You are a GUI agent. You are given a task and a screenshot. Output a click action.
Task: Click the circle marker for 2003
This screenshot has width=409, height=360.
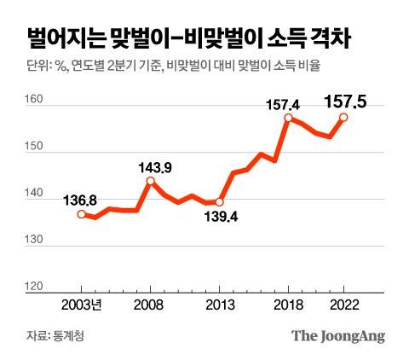[x=81, y=214]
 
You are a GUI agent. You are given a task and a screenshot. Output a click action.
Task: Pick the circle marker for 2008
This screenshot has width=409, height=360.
[x=151, y=181]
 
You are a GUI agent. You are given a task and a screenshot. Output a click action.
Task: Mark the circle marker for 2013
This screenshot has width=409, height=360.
[x=220, y=202]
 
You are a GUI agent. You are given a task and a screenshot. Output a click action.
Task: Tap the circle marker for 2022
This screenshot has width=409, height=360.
[x=343, y=118]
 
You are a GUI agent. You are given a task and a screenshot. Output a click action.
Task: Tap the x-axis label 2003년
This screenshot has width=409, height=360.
[x=84, y=305]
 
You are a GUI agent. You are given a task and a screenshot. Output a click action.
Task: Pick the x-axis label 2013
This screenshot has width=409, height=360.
[x=220, y=305]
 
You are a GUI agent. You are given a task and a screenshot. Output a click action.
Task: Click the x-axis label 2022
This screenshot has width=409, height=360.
[x=343, y=305]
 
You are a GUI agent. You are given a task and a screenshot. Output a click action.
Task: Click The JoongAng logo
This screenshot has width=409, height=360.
[x=338, y=336]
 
